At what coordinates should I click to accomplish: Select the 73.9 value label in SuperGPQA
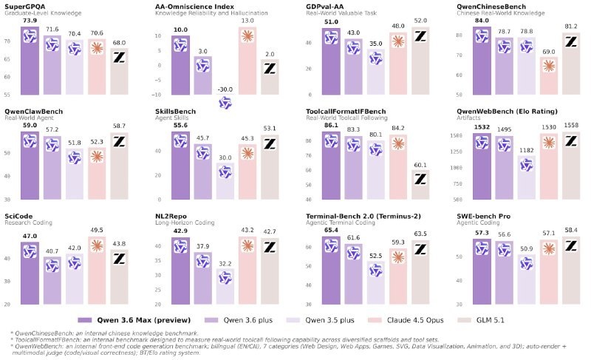pyautogui.click(x=30, y=21)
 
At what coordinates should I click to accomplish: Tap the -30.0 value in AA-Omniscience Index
pyautogui.click(x=225, y=89)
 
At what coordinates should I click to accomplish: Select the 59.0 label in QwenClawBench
pyautogui.click(x=30, y=125)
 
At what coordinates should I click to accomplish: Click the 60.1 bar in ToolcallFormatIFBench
pyautogui.click(x=420, y=185)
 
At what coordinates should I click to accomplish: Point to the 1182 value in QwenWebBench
pyautogui.click(x=527, y=150)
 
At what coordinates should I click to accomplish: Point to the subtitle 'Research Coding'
pyautogui.click(x=27, y=223)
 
